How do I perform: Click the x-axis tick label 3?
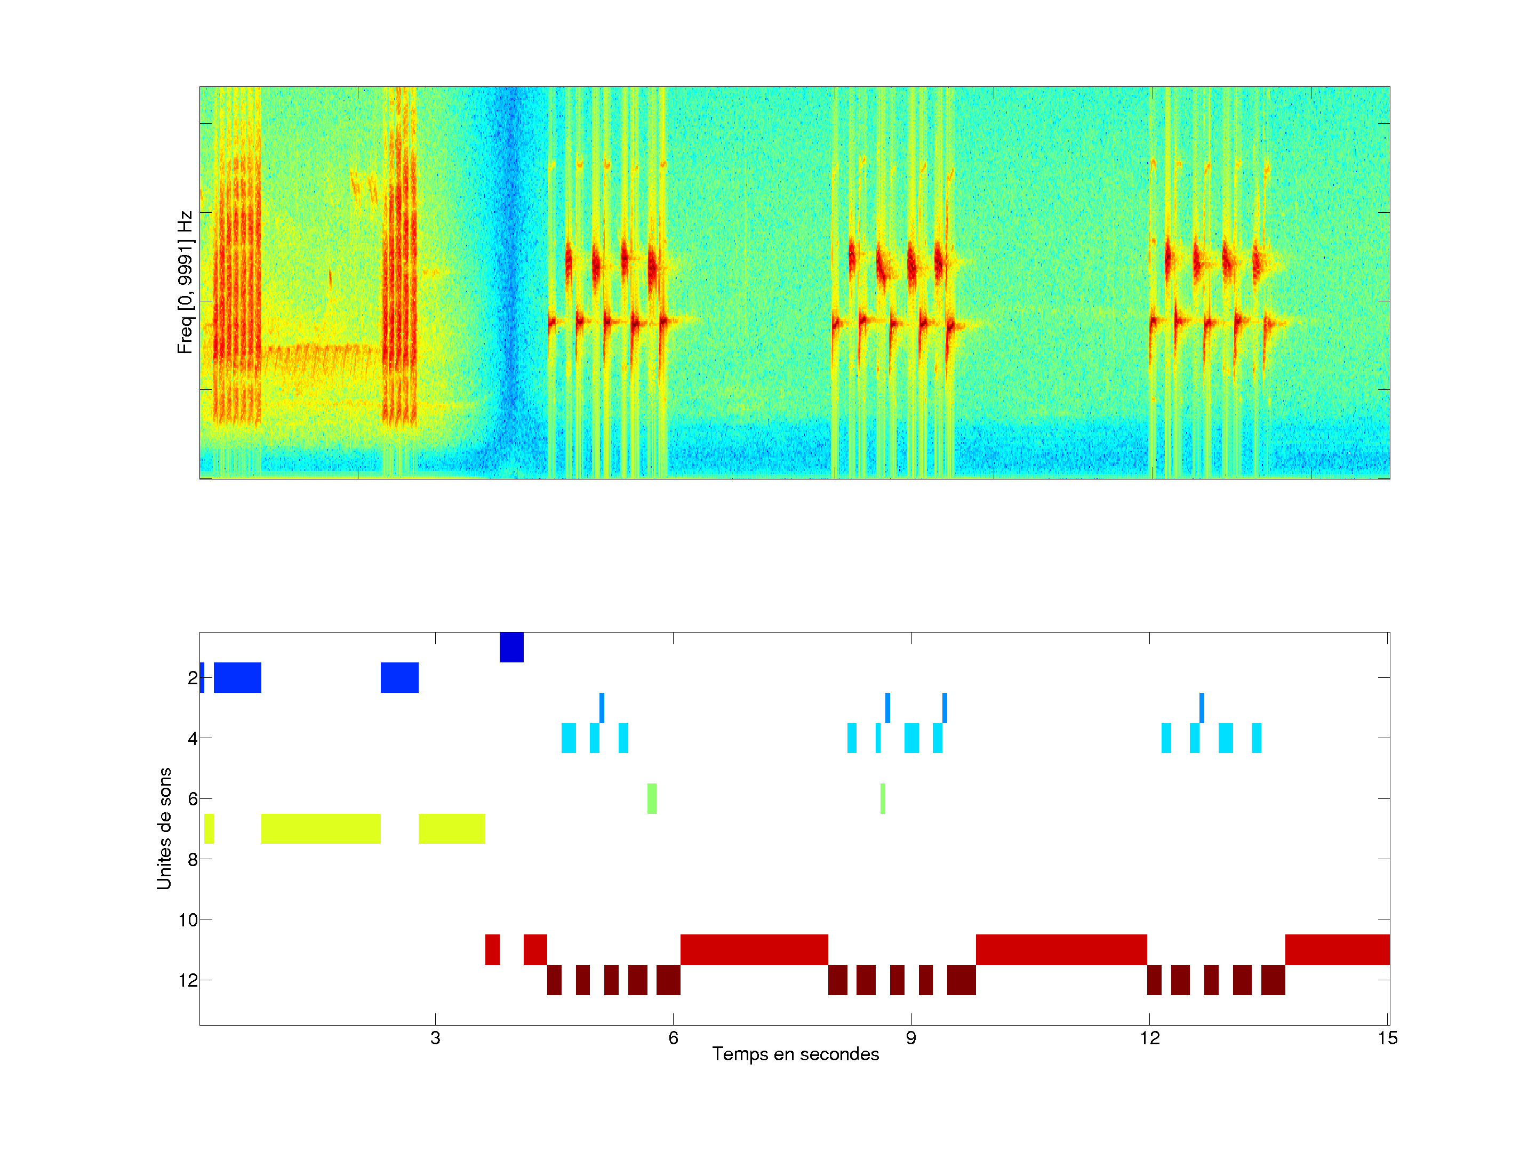435,1038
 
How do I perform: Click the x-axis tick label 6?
673,1038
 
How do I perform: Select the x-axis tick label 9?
911,1038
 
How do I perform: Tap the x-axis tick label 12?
1149,1038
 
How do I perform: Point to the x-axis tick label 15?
1387,1038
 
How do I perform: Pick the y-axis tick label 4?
193,738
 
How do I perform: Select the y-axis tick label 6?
193,798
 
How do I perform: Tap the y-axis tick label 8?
193,859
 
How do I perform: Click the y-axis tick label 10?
188,920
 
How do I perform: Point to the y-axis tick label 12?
188,980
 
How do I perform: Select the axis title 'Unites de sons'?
164,828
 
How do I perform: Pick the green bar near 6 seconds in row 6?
651,798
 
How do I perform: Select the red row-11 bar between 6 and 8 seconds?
754,950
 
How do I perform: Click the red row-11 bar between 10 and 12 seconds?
1061,950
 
